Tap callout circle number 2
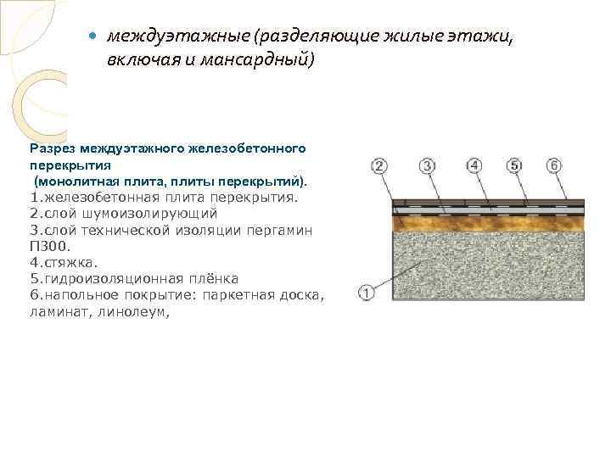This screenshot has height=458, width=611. [379, 165]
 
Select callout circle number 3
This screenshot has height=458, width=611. [428, 165]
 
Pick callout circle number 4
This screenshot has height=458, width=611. [474, 165]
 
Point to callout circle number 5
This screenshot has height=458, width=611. [514, 165]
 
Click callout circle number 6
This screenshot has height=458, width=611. [553, 165]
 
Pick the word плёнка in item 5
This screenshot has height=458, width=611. [213, 278]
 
